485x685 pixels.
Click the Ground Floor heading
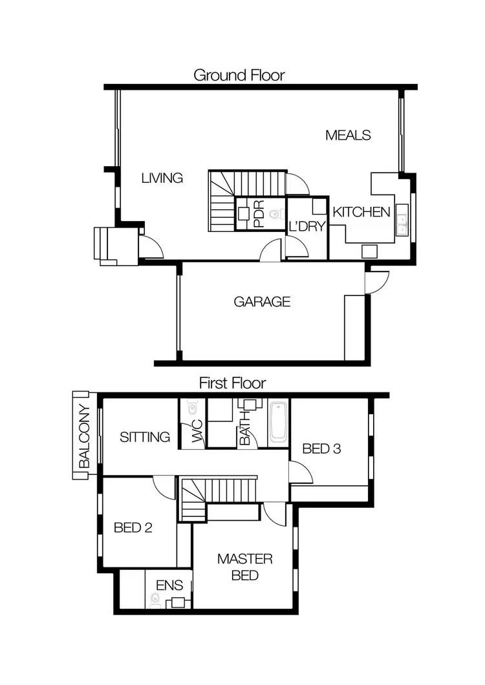tap(239, 75)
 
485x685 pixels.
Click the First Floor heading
tap(232, 383)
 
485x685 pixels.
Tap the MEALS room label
tap(348, 135)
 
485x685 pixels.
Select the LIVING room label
tap(162, 178)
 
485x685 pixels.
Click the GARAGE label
tap(262, 301)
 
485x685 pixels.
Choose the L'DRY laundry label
tap(307, 226)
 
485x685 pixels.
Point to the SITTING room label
tap(145, 437)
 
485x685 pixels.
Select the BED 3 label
tap(321, 448)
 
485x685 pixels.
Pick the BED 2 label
tap(133, 527)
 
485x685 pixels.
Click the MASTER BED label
tap(244, 567)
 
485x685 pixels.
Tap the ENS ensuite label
tap(169, 586)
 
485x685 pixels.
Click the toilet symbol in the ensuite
tap(155, 600)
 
